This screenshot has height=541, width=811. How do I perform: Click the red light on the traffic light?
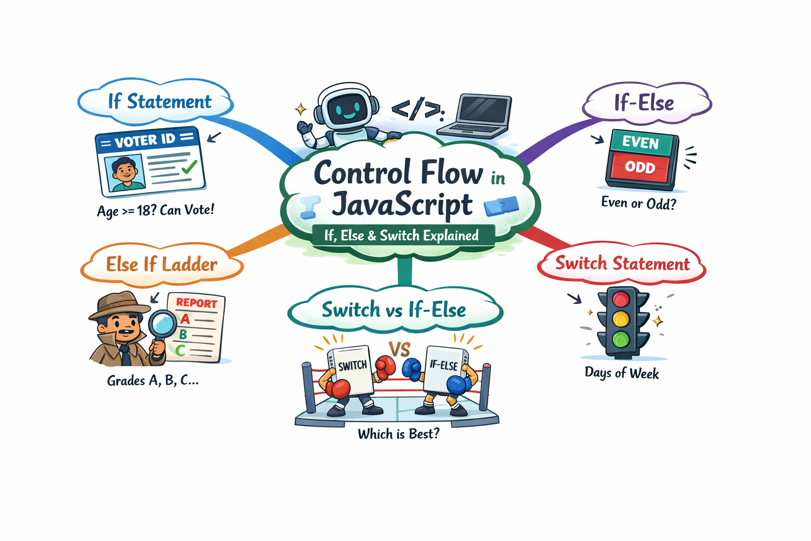(621, 300)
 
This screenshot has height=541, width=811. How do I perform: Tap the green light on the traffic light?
(621, 339)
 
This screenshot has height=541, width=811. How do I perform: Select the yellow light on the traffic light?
(621, 319)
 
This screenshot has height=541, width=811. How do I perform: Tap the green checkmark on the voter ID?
(190, 167)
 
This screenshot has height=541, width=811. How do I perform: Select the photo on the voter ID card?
(124, 173)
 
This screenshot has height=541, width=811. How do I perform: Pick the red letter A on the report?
(185, 319)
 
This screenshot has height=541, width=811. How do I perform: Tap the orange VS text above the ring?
(400, 349)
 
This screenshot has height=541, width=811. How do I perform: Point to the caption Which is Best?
(398, 434)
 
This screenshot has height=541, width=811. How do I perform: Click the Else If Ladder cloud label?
(162, 264)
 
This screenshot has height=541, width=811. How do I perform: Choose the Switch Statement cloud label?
(622, 263)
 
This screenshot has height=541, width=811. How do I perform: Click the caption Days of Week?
(621, 373)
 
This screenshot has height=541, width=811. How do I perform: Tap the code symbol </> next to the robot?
(418, 109)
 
